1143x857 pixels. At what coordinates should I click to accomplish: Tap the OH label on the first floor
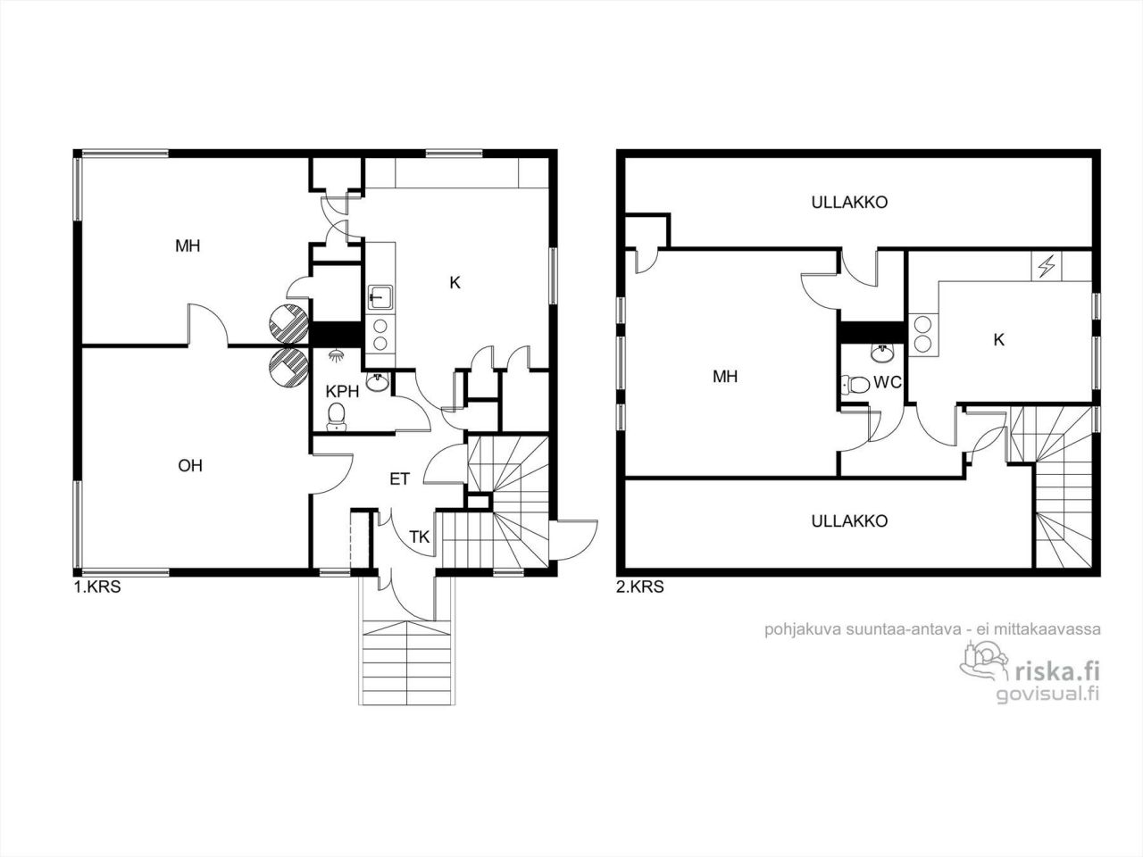(x=189, y=465)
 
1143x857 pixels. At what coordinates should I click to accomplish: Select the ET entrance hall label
(x=399, y=479)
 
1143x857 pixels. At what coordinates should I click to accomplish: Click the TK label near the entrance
(x=420, y=537)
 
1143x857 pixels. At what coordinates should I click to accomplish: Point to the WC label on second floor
(x=888, y=382)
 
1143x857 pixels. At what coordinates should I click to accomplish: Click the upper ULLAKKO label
(x=849, y=202)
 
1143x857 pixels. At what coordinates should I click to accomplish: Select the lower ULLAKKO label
(x=849, y=520)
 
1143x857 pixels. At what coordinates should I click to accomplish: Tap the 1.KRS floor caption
(x=96, y=588)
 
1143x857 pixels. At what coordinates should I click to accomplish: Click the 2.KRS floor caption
(x=640, y=587)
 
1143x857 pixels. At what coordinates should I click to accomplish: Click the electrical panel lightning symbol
(x=1046, y=266)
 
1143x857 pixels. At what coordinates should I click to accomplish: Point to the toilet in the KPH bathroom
(x=337, y=415)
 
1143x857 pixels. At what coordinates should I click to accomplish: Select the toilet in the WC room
(x=856, y=385)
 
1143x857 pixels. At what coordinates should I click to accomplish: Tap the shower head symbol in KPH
(x=337, y=354)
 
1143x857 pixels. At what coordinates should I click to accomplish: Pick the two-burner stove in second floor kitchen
(x=922, y=332)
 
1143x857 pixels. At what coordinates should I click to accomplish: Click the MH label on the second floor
(x=725, y=377)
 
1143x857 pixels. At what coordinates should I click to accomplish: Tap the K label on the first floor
(x=455, y=283)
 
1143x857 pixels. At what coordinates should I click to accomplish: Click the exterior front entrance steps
(x=406, y=661)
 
